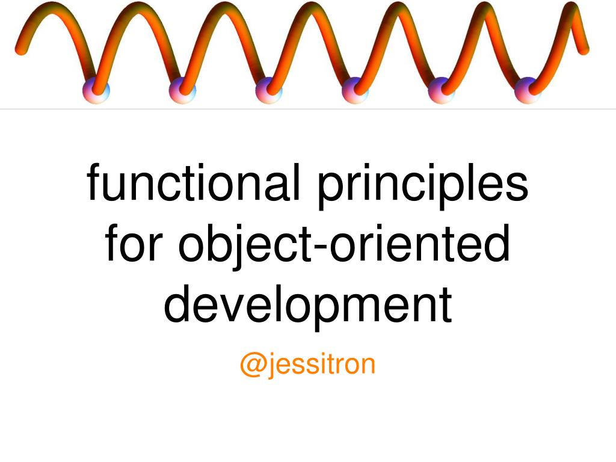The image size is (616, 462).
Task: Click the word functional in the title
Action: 193,182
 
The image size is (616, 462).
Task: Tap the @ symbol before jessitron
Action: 251,365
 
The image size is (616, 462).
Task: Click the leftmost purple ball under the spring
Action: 96,90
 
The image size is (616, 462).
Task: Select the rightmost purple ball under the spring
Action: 528,90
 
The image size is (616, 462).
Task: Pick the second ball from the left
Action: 182,90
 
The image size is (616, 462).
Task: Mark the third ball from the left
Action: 269,90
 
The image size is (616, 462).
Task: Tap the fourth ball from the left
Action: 355,90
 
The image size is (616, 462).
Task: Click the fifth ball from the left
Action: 442,90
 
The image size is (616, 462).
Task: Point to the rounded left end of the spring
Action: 20,49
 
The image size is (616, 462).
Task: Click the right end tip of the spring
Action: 584,50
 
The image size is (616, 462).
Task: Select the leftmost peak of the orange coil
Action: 51,8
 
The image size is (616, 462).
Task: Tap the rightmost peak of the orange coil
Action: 571,8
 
